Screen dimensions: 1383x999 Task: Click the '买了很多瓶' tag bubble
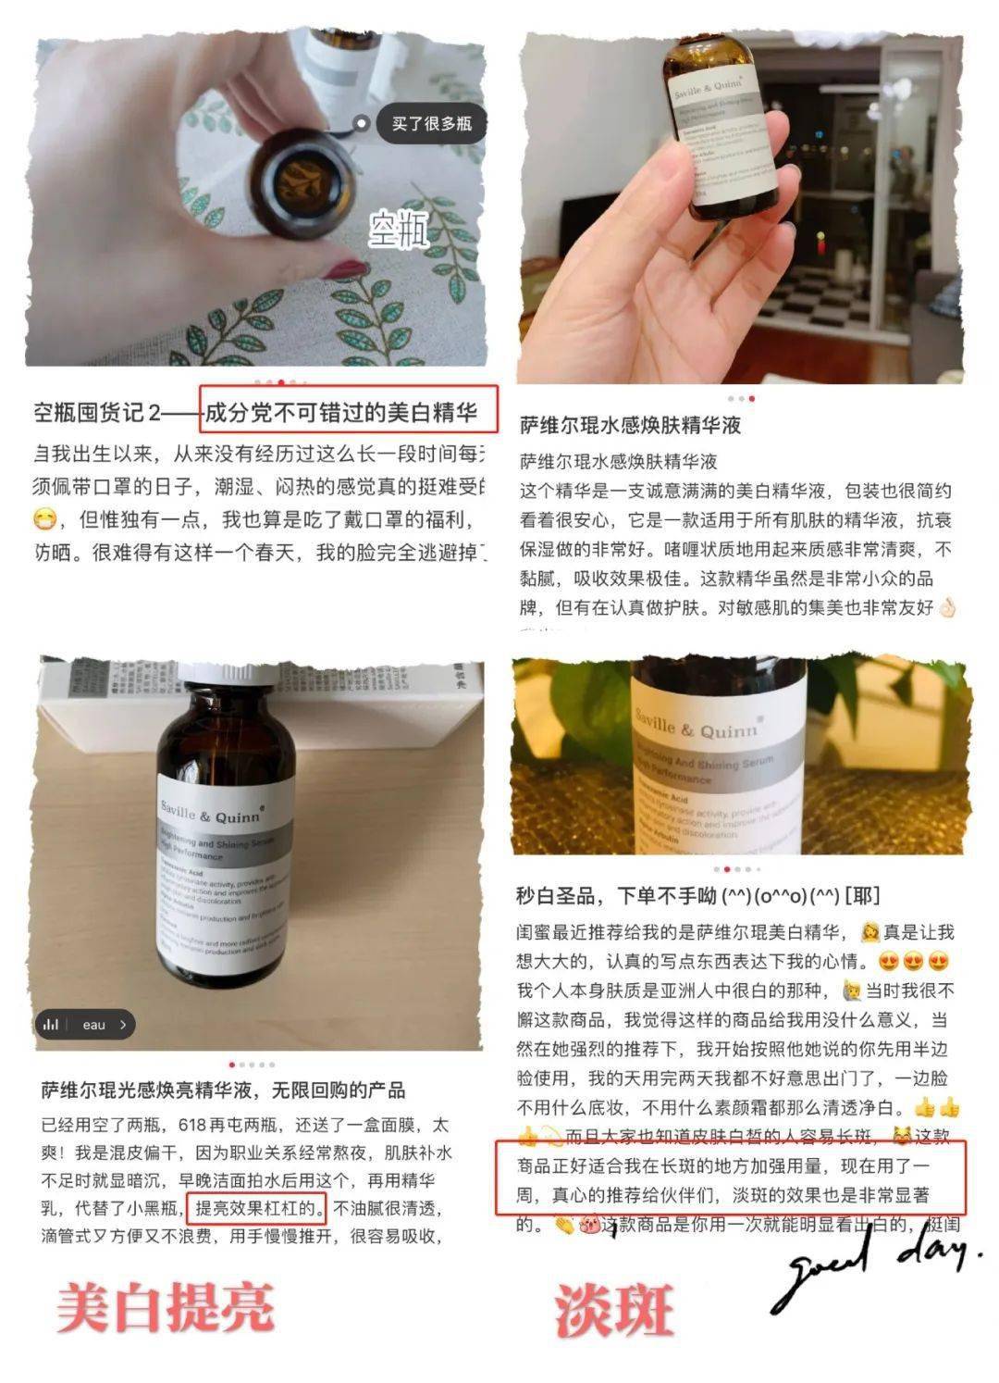pos(431,123)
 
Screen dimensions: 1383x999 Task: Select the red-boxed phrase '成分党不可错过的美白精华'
pos(348,411)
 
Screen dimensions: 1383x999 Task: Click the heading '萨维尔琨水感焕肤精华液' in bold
pos(630,426)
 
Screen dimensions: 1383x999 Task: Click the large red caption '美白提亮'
pos(166,1306)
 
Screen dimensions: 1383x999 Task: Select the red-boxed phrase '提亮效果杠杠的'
pos(256,1207)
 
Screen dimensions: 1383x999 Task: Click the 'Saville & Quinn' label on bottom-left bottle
pos(212,814)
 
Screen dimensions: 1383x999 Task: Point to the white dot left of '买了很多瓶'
pos(362,123)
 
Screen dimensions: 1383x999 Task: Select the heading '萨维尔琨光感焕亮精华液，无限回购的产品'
pos(223,1090)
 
